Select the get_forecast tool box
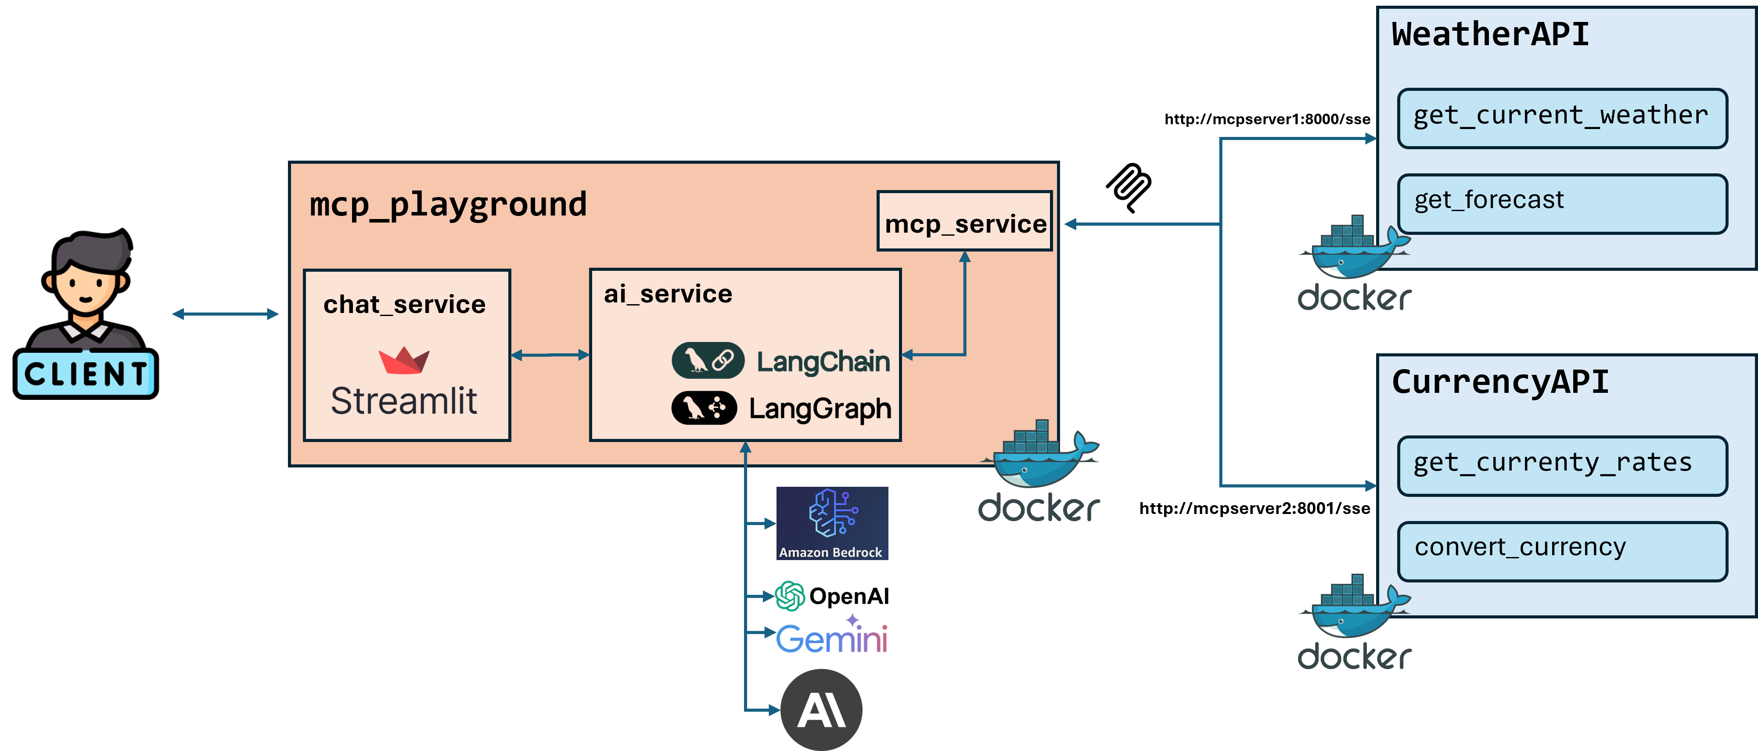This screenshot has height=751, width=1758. [x=1561, y=203]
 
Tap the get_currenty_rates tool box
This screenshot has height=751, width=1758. [x=1561, y=465]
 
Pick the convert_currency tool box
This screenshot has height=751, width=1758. [x=1561, y=550]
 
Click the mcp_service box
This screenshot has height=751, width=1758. [x=964, y=222]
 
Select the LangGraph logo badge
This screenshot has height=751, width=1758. [x=704, y=408]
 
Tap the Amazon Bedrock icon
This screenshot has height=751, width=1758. [x=832, y=522]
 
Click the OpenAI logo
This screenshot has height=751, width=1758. [x=831, y=596]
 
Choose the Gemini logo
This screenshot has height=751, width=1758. [x=831, y=637]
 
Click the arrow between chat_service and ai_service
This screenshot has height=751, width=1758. [x=550, y=355]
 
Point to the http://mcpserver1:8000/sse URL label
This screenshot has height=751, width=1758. [x=1267, y=119]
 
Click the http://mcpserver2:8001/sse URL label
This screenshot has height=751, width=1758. [x=1255, y=508]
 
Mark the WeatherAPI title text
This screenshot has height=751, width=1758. [x=1490, y=34]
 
